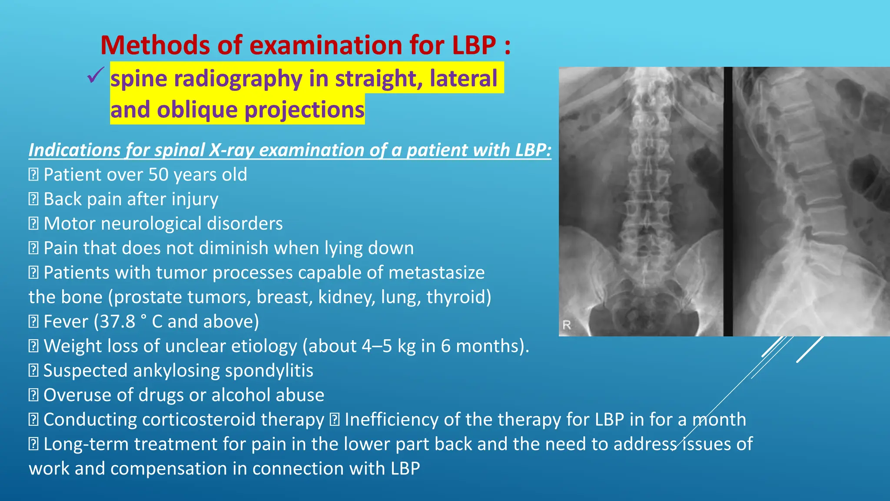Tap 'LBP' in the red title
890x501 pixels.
[474, 45]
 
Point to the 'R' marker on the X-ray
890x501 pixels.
[567, 324]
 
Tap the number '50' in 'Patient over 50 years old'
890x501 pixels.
[158, 175]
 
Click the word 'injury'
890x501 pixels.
[195, 200]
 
